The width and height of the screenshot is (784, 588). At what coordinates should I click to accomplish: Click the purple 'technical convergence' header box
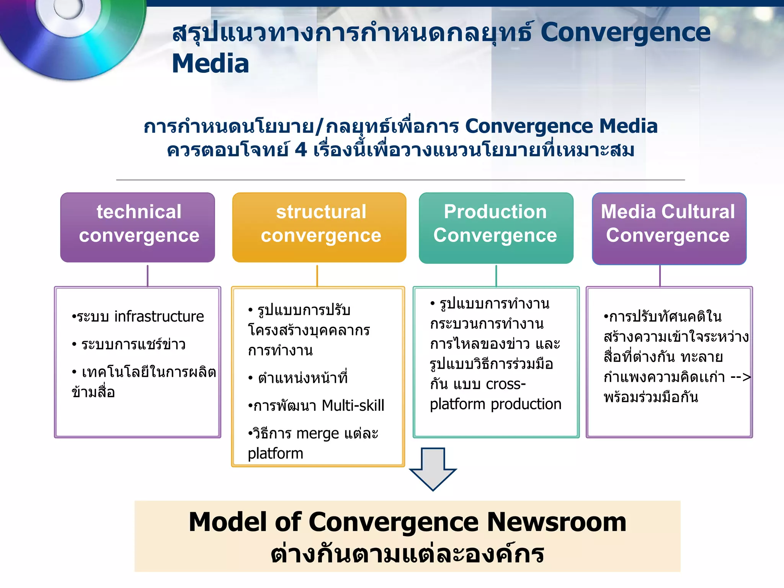pyautogui.click(x=137, y=227)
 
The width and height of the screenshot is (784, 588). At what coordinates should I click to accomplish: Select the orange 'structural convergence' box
pyautogui.click(x=319, y=227)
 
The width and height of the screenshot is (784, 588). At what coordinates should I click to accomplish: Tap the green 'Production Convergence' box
pyautogui.click(x=496, y=228)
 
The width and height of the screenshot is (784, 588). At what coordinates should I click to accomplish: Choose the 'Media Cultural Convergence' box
pyautogui.click(x=669, y=228)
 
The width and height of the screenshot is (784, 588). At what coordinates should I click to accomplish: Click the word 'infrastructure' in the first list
pyautogui.click(x=159, y=317)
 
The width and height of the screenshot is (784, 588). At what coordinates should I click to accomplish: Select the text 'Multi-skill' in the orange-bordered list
pyautogui.click(x=353, y=405)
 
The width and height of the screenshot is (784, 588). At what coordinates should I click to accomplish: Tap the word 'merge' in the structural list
pyautogui.click(x=317, y=433)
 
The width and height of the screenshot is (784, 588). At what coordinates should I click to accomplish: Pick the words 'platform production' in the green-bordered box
pyautogui.click(x=495, y=404)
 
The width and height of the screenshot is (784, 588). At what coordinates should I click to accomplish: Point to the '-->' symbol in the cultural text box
pyautogui.click(x=740, y=377)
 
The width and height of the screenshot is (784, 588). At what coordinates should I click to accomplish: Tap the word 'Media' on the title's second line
pyautogui.click(x=211, y=64)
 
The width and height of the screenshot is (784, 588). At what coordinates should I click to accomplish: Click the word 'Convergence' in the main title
pyautogui.click(x=625, y=33)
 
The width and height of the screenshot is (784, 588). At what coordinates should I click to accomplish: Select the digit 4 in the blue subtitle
pyautogui.click(x=301, y=150)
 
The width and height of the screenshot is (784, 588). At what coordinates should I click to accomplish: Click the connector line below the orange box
pyautogui.click(x=317, y=275)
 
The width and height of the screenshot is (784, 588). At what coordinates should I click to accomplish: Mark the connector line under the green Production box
pyautogui.click(x=496, y=275)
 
